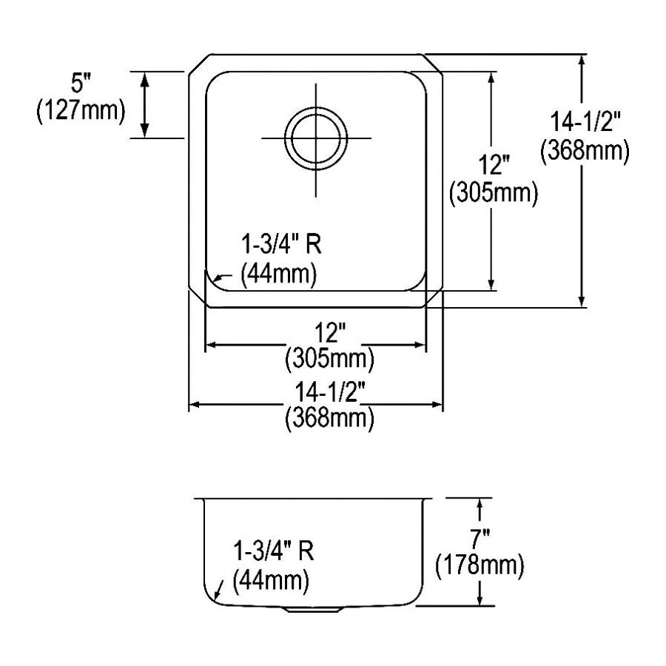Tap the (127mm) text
click(81, 111)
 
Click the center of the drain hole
click(316, 138)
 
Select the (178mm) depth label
click(480, 565)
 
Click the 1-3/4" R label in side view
click(274, 551)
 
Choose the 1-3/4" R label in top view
click(281, 245)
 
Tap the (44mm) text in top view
click(279, 275)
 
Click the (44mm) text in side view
click(271, 581)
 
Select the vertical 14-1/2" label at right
click(585, 121)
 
